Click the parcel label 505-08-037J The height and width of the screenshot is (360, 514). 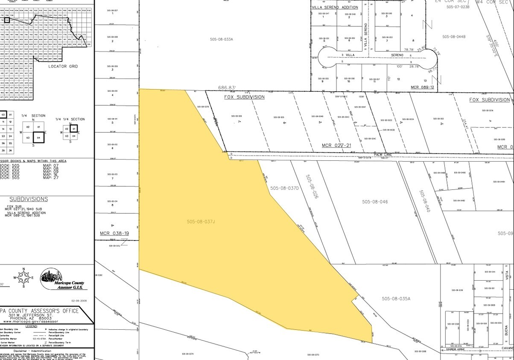tap(201, 221)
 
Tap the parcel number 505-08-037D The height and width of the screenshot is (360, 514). tap(284, 188)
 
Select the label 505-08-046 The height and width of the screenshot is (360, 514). tap(375, 202)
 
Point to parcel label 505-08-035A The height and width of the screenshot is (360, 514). tap(396, 299)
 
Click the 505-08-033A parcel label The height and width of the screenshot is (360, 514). tap(222, 39)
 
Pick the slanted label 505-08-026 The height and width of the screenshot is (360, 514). tap(312, 186)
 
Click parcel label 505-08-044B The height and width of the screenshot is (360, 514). tap(454, 36)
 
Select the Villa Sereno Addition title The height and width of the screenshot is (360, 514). tap(335, 7)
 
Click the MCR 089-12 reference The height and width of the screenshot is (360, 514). tap(422, 87)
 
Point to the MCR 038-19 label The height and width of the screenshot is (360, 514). tap(114, 233)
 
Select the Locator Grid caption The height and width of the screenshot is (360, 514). tap(63, 67)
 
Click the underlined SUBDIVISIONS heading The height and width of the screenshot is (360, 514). tap(29, 199)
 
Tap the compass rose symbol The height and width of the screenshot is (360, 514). tap(24, 278)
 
